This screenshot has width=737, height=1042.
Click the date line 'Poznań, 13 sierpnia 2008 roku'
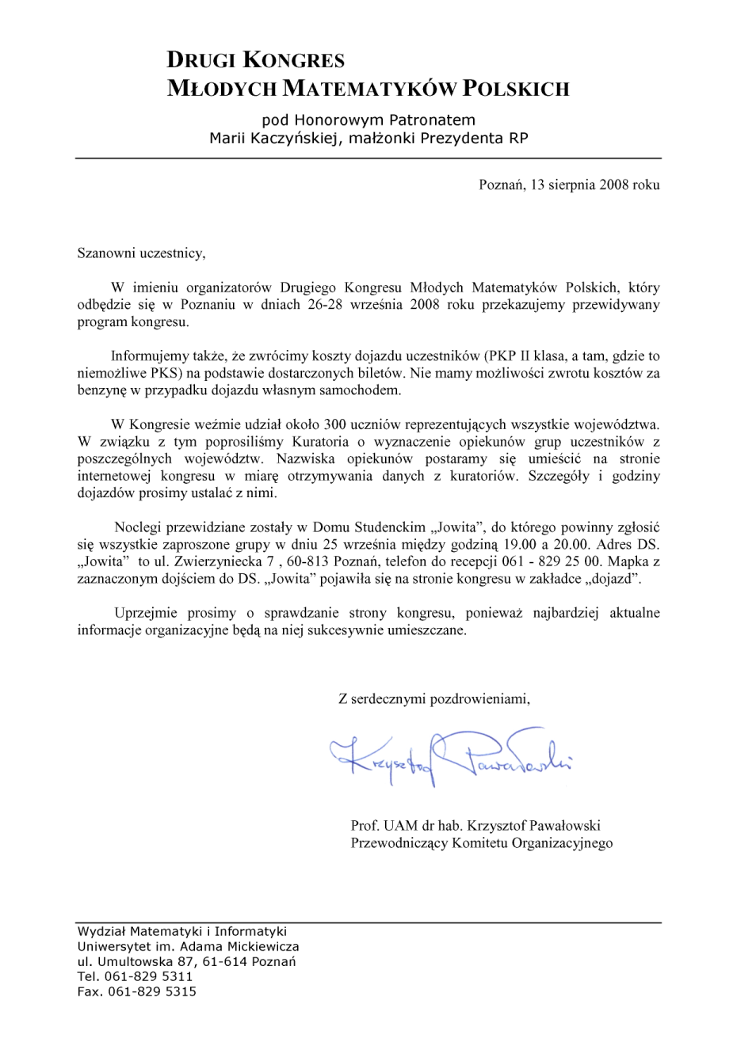(569, 185)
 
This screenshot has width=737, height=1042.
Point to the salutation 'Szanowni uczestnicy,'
(141, 254)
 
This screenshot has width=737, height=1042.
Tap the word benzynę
(101, 390)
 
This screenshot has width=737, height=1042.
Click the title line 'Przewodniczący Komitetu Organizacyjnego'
(482, 843)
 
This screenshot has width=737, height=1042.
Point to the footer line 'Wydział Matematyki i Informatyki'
(182, 932)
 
